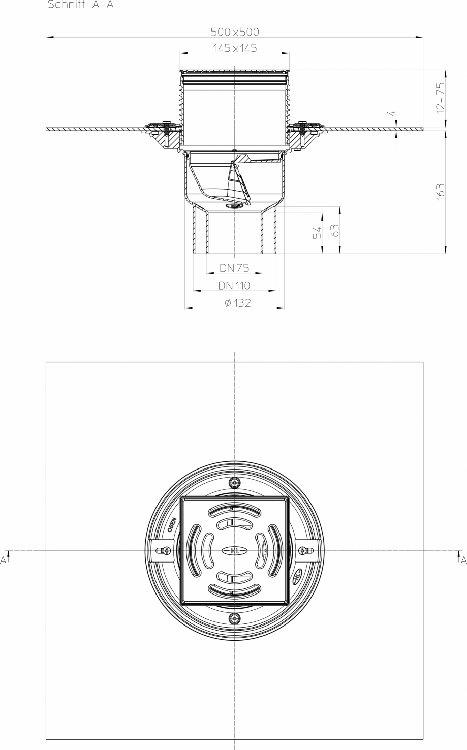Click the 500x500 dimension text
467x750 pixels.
pyautogui.click(x=235, y=32)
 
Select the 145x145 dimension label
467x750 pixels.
pyautogui.click(x=235, y=49)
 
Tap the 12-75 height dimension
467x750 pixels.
pyautogui.click(x=441, y=97)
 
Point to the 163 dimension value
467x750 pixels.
pyautogui.click(x=441, y=192)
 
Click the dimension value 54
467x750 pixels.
pyautogui.click(x=317, y=233)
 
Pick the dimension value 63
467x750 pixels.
pyautogui.click(x=334, y=230)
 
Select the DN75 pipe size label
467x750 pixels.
pyautogui.click(x=234, y=269)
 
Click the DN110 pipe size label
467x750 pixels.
pyautogui.click(x=234, y=286)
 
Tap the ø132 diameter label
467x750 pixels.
pyautogui.click(x=234, y=303)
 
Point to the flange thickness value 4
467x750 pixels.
pyautogui.click(x=392, y=113)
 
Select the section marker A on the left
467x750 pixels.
pyautogui.click(x=4, y=560)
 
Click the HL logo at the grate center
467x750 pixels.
pyautogui.click(x=234, y=550)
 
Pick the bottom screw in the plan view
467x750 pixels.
pyautogui.click(x=234, y=618)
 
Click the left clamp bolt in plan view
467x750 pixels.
pyautogui.click(x=165, y=551)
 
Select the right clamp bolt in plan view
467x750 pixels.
pyautogui.click(x=303, y=551)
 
